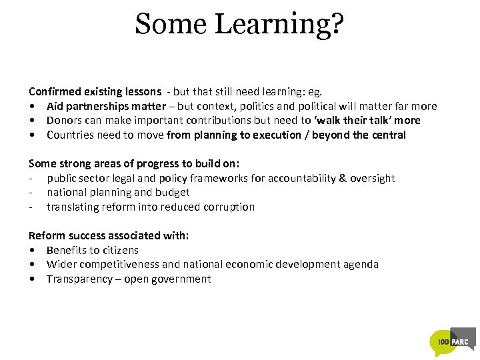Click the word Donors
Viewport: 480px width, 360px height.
pyautogui.click(x=63, y=121)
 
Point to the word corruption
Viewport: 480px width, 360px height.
pyautogui.click(x=228, y=207)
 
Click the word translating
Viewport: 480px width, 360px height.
pyautogui.click(x=73, y=207)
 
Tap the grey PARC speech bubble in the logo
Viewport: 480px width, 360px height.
pyautogui.click(x=463, y=338)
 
